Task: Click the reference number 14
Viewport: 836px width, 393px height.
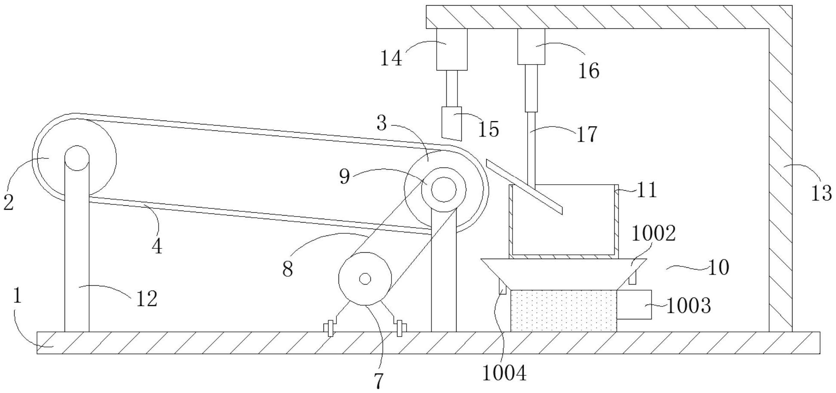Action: tap(391, 58)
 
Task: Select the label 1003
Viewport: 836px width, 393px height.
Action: tap(689, 306)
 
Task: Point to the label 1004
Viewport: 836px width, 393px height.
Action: tap(504, 373)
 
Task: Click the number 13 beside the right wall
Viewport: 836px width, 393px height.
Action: tap(821, 193)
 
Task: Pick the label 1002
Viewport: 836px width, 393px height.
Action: tap(653, 234)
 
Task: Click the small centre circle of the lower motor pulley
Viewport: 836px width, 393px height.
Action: tap(365, 279)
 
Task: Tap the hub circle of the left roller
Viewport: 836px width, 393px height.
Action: tap(77, 158)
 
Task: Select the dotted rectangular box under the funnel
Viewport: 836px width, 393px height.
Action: tap(563, 310)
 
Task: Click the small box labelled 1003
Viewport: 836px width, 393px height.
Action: tap(634, 304)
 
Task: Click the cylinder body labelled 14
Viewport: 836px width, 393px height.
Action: tap(452, 50)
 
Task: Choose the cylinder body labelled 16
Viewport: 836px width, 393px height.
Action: tap(531, 46)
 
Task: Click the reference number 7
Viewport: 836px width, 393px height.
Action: tap(378, 381)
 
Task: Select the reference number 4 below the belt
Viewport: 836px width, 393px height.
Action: tap(157, 246)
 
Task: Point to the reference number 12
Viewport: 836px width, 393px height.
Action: tap(147, 299)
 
